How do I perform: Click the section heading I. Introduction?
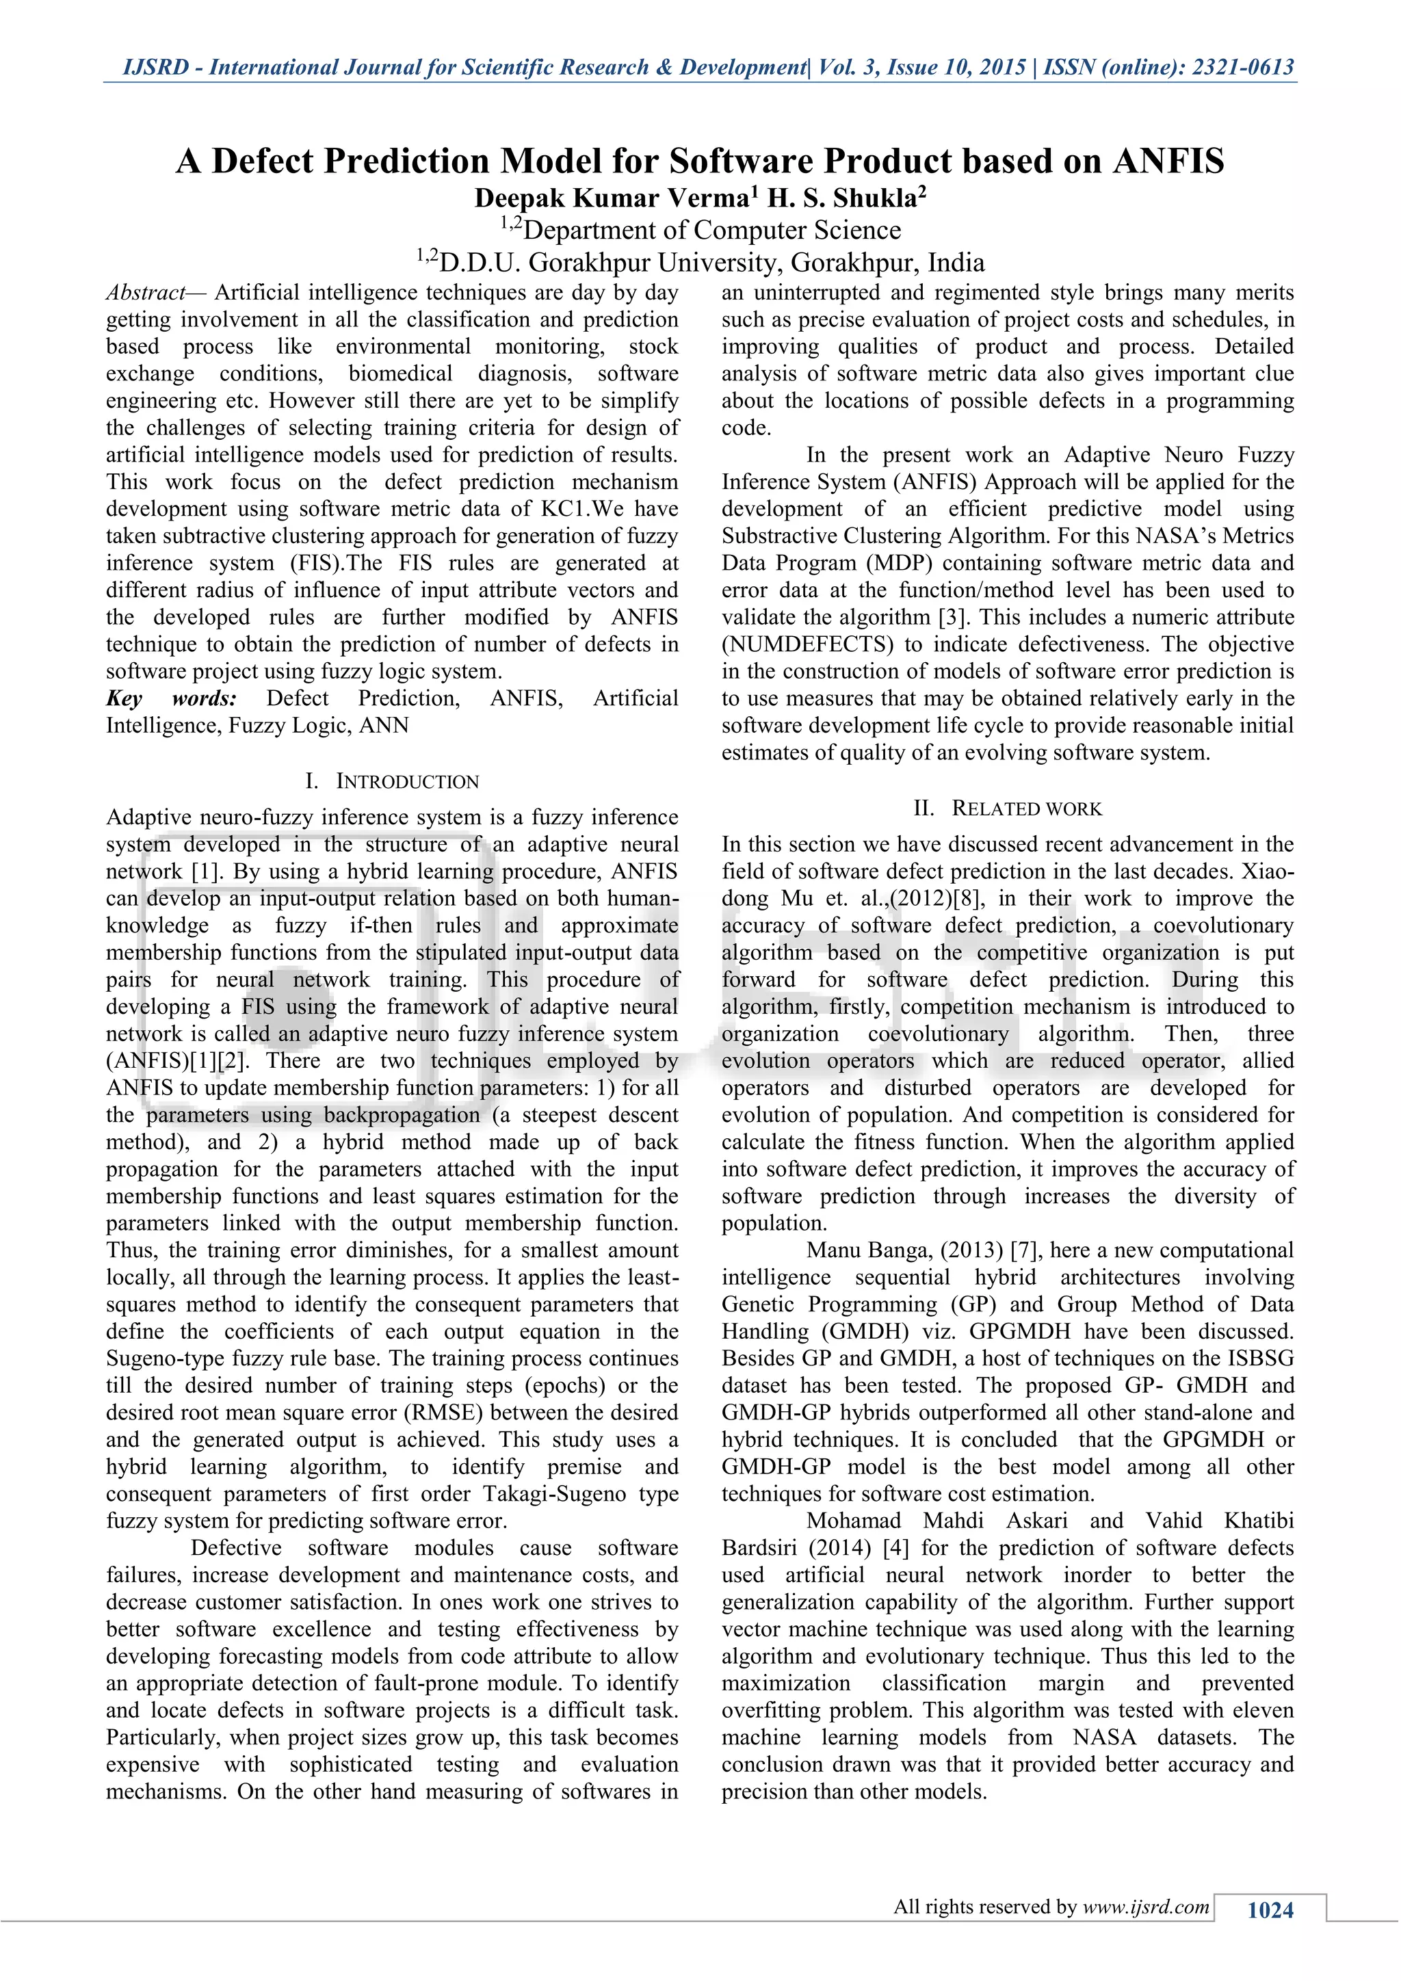pyautogui.click(x=393, y=782)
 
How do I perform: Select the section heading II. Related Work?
pyautogui.click(x=1008, y=809)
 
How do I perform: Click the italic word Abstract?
pyautogui.click(x=145, y=293)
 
